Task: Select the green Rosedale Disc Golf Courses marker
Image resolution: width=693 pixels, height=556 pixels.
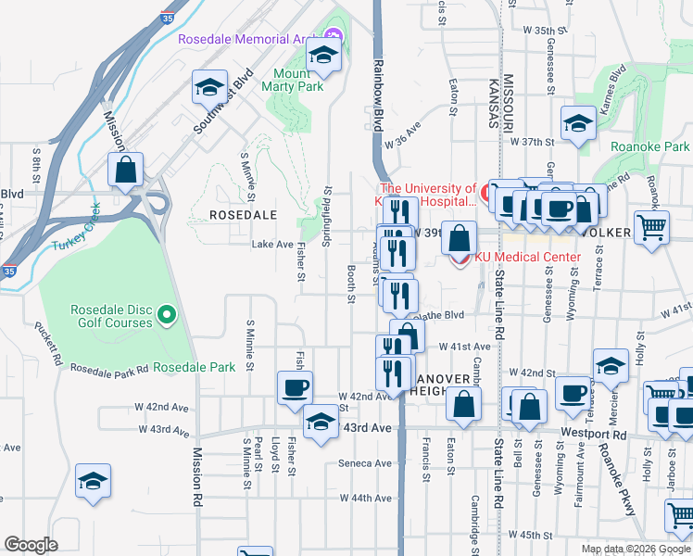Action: tap(167, 316)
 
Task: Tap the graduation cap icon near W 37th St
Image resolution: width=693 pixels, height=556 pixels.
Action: tap(578, 123)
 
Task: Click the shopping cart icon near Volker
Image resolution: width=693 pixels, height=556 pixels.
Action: tap(652, 225)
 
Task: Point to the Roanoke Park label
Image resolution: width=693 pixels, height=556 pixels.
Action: tap(650, 146)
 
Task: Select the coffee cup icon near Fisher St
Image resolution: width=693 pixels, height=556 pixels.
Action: tap(295, 387)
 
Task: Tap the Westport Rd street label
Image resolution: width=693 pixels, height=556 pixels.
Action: tap(619, 434)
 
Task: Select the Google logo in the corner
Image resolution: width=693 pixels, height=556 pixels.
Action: tap(31, 545)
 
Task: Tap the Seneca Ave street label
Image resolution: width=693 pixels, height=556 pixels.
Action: tap(365, 463)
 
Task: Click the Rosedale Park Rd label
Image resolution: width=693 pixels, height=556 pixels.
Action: tap(109, 369)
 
